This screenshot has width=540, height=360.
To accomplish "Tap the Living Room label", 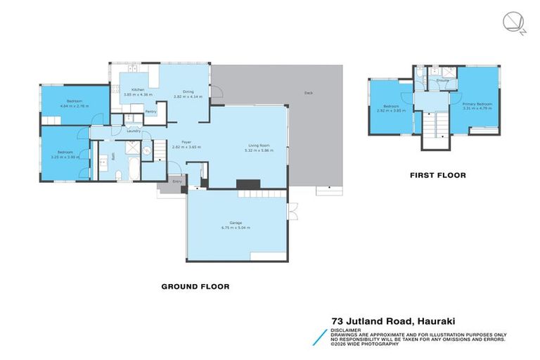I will (x=257, y=145).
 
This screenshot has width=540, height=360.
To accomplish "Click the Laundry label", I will (x=134, y=131).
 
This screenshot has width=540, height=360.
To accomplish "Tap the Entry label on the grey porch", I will (x=176, y=181).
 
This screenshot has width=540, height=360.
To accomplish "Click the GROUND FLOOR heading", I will (x=195, y=286).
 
